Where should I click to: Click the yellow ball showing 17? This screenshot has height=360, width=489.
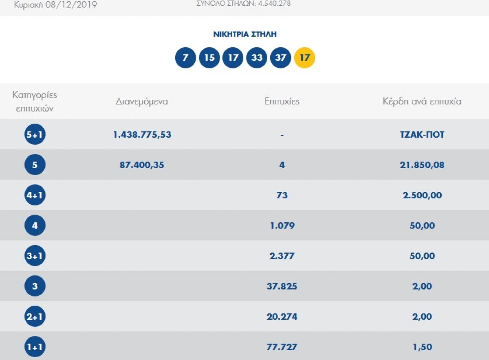[304, 58]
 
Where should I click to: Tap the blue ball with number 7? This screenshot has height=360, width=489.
[185, 58]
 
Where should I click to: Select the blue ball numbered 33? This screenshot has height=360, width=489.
[256, 58]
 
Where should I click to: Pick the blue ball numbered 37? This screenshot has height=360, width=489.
[280, 58]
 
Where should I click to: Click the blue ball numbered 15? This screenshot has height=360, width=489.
[209, 58]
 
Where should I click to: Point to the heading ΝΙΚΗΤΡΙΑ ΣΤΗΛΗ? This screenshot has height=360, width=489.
[245, 34]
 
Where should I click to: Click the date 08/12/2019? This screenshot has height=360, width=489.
[71, 4]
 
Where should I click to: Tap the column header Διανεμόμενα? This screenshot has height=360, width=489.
[142, 101]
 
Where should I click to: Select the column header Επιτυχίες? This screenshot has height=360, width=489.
[282, 101]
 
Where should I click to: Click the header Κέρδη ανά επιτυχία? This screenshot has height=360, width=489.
[422, 101]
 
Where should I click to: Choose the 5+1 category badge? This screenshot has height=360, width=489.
[35, 134]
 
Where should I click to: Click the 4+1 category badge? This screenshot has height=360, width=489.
[35, 195]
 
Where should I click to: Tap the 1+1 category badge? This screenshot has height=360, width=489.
[35, 347]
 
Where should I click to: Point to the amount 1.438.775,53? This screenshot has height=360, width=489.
[142, 135]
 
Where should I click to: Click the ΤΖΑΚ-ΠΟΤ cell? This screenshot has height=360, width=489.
[422, 135]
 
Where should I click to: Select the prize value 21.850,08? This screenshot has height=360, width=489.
[422, 165]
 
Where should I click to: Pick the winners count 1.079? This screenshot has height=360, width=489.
[282, 226]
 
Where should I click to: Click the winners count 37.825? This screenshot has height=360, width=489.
[282, 286]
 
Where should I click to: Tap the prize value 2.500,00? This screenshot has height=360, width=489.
[422, 195]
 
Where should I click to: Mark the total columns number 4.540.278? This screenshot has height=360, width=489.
[274, 4]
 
